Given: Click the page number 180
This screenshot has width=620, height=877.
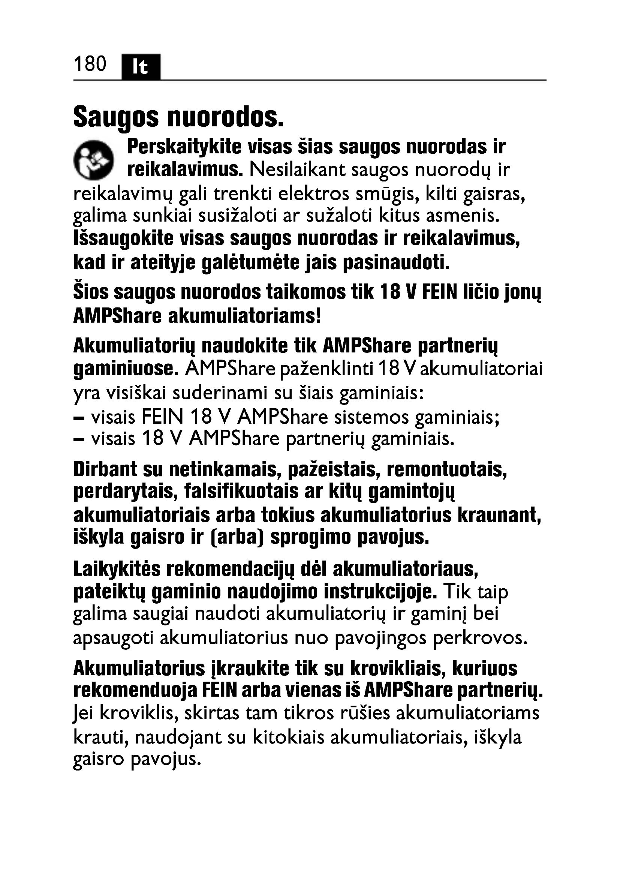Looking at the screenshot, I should tap(90, 64).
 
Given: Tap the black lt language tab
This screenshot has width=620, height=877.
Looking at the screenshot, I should tap(141, 67).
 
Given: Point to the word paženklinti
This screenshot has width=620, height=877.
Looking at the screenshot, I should tap(326, 369).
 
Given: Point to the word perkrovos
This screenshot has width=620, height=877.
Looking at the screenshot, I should tap(480, 638).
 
